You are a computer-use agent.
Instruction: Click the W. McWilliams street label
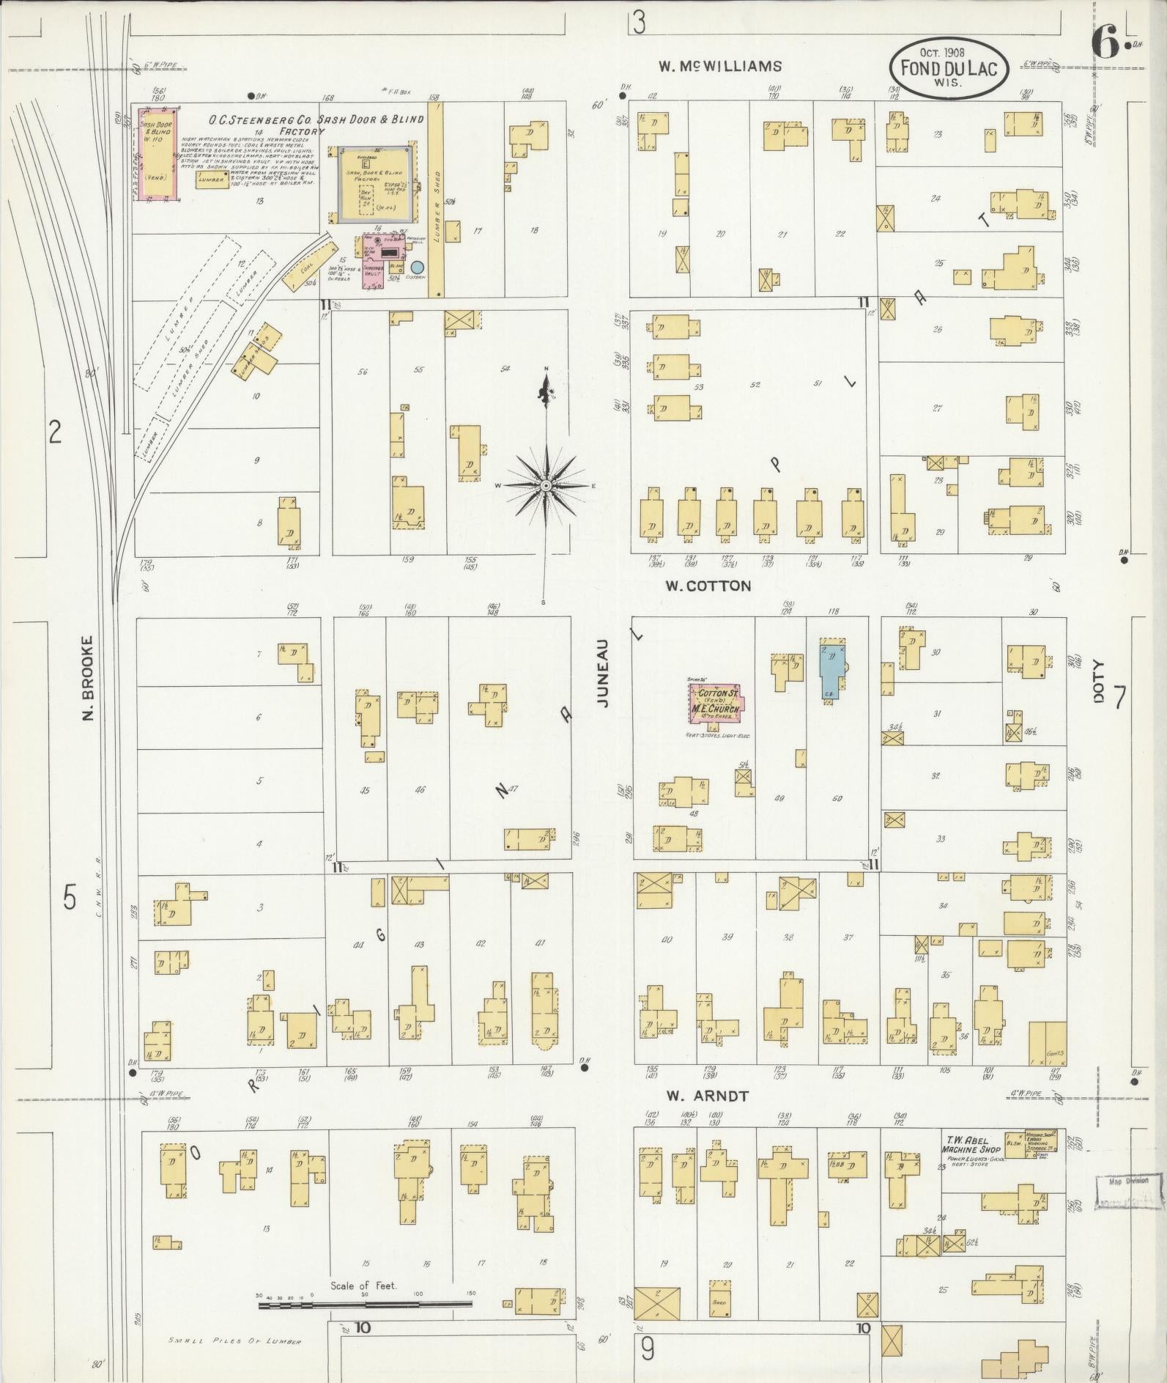point(719,66)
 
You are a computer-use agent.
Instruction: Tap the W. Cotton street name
point(708,586)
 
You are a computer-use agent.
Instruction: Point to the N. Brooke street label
point(89,677)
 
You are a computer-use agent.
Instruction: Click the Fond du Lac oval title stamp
point(949,68)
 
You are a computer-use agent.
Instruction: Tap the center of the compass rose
point(546,486)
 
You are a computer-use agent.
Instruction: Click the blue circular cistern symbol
point(418,268)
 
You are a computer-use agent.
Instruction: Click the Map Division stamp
point(1129,1181)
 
